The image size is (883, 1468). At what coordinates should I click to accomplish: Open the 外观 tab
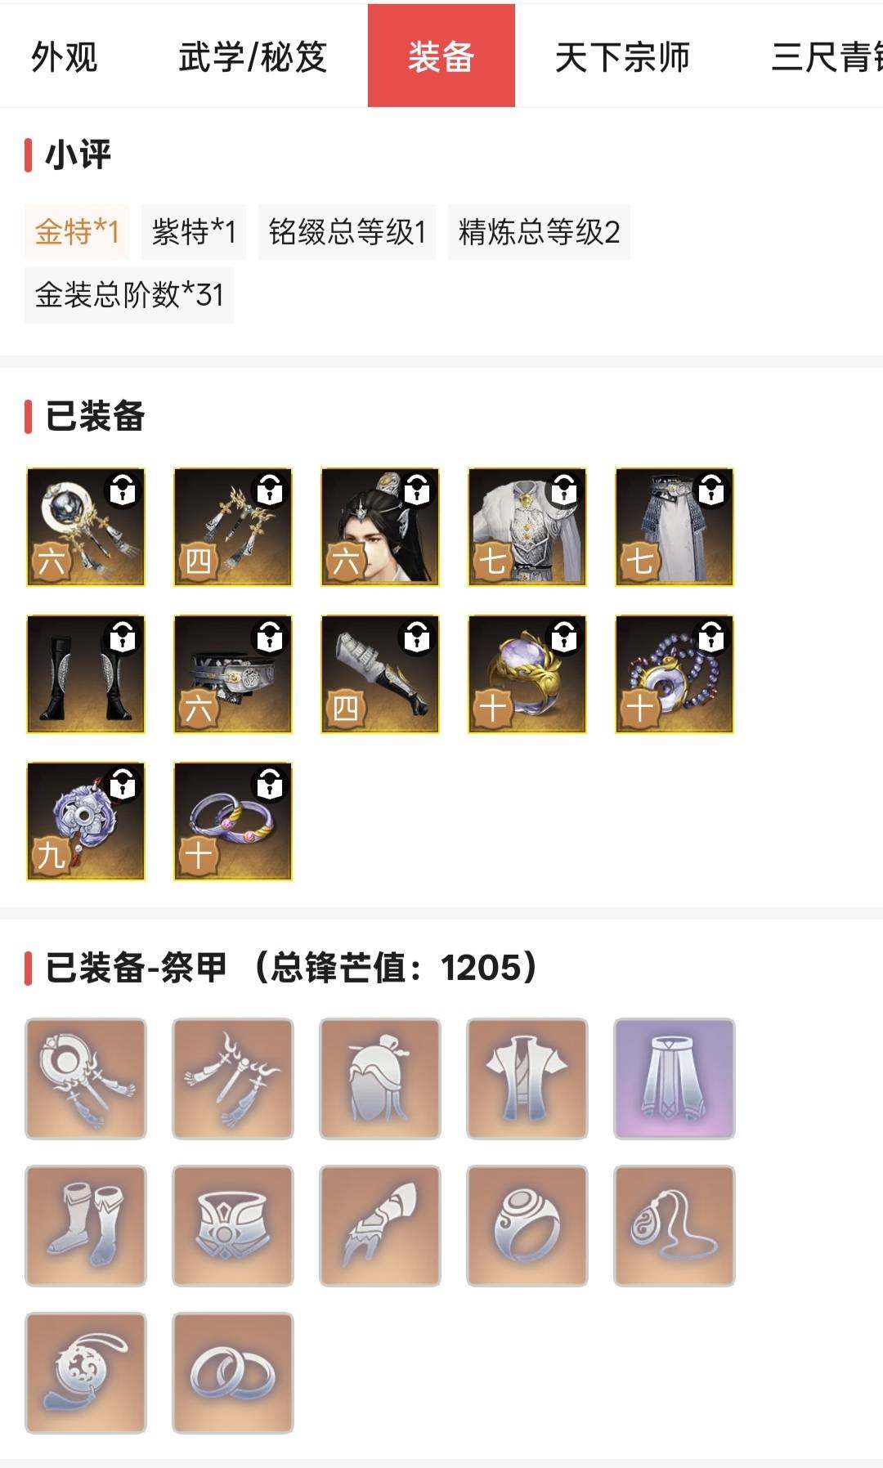point(64,57)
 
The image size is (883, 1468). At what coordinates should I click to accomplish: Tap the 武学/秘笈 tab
point(253,57)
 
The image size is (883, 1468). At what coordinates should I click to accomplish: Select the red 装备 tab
point(441,56)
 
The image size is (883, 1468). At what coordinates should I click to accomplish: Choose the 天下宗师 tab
point(622,57)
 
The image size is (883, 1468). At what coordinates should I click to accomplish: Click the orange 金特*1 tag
point(77,232)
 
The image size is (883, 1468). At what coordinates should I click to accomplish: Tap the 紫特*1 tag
point(194,232)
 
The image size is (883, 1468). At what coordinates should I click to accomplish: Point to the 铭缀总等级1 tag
point(347,232)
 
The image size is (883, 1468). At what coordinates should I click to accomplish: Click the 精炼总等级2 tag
point(539,232)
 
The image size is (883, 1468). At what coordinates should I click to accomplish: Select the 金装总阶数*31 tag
point(129,295)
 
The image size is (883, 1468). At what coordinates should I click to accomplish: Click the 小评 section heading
point(78,155)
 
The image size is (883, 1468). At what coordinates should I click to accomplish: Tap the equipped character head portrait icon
point(380,527)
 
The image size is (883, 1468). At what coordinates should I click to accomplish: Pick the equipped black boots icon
point(86,674)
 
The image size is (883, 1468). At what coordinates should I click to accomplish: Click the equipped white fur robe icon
point(527,527)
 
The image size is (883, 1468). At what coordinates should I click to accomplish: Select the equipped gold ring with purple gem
point(527,674)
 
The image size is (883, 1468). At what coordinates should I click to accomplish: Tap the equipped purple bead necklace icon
point(675,674)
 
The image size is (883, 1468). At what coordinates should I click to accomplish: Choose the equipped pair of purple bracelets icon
point(233,821)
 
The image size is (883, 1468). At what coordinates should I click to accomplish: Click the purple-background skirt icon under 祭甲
point(675,1079)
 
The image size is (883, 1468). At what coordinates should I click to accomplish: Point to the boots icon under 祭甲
point(86,1226)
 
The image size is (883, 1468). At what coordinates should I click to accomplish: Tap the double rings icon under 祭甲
point(233,1373)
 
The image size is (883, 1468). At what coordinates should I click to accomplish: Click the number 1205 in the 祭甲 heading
point(481,968)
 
